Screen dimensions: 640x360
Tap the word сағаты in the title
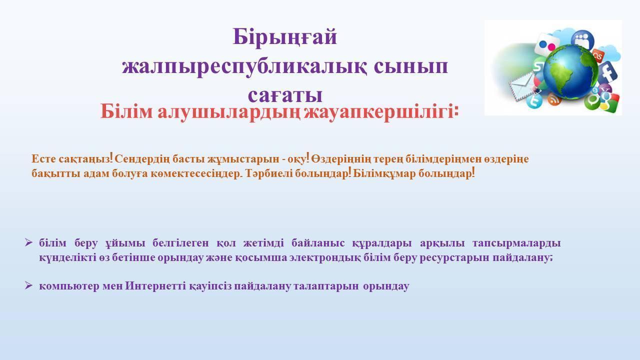coord(285,95)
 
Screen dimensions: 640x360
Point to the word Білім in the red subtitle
coord(126,111)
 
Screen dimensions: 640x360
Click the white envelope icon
coord(522,86)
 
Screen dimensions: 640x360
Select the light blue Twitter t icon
coord(534,101)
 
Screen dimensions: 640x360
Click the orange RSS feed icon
coord(554,99)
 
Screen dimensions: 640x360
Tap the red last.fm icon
coord(597,55)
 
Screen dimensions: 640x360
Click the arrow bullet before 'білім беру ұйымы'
coord(28,243)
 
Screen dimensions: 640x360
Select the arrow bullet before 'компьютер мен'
coord(28,285)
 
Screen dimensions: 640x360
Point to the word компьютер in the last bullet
coord(69,286)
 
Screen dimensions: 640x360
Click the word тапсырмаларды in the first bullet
coord(516,243)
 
